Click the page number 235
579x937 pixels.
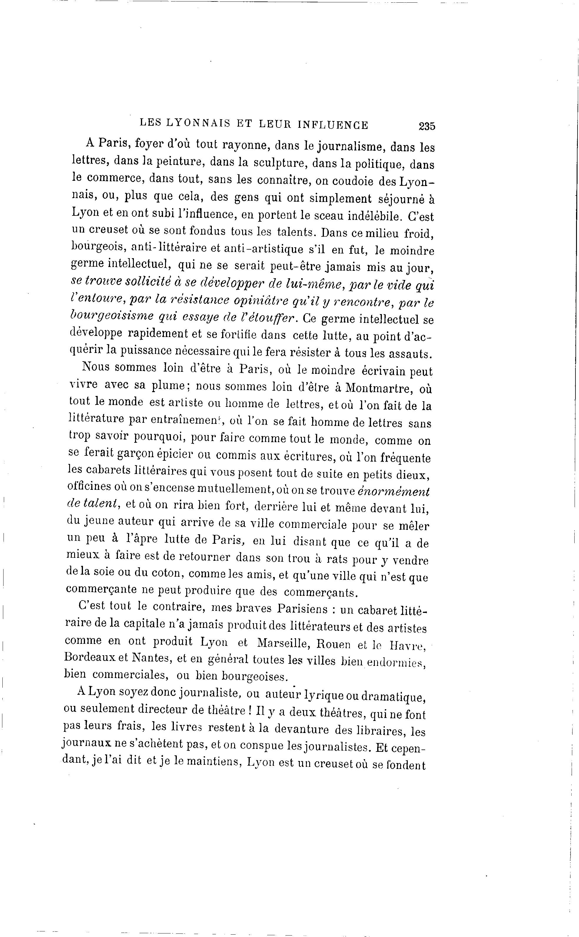427,126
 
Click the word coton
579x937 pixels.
164,573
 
